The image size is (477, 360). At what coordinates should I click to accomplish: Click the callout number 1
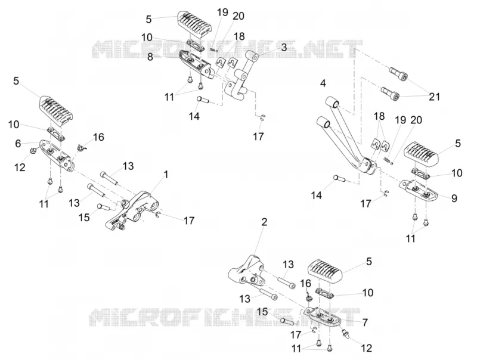point(166,175)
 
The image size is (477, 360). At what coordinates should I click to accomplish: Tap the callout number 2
point(264,222)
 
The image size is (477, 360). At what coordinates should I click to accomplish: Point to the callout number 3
point(284,47)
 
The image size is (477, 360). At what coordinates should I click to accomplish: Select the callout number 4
point(323,83)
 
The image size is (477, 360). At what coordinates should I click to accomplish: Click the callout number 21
point(434,97)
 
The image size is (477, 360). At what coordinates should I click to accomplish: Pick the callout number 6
point(18,144)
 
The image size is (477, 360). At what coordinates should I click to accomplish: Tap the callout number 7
point(365,322)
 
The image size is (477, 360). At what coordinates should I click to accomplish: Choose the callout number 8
point(150,57)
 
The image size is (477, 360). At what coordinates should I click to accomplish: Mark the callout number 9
point(454,198)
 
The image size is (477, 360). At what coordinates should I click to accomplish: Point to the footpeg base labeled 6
point(56,154)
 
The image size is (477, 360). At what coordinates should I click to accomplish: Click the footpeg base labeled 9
point(420,190)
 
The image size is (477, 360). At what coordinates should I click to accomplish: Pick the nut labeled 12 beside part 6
point(35,149)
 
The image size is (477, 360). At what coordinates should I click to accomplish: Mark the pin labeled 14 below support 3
point(204,100)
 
